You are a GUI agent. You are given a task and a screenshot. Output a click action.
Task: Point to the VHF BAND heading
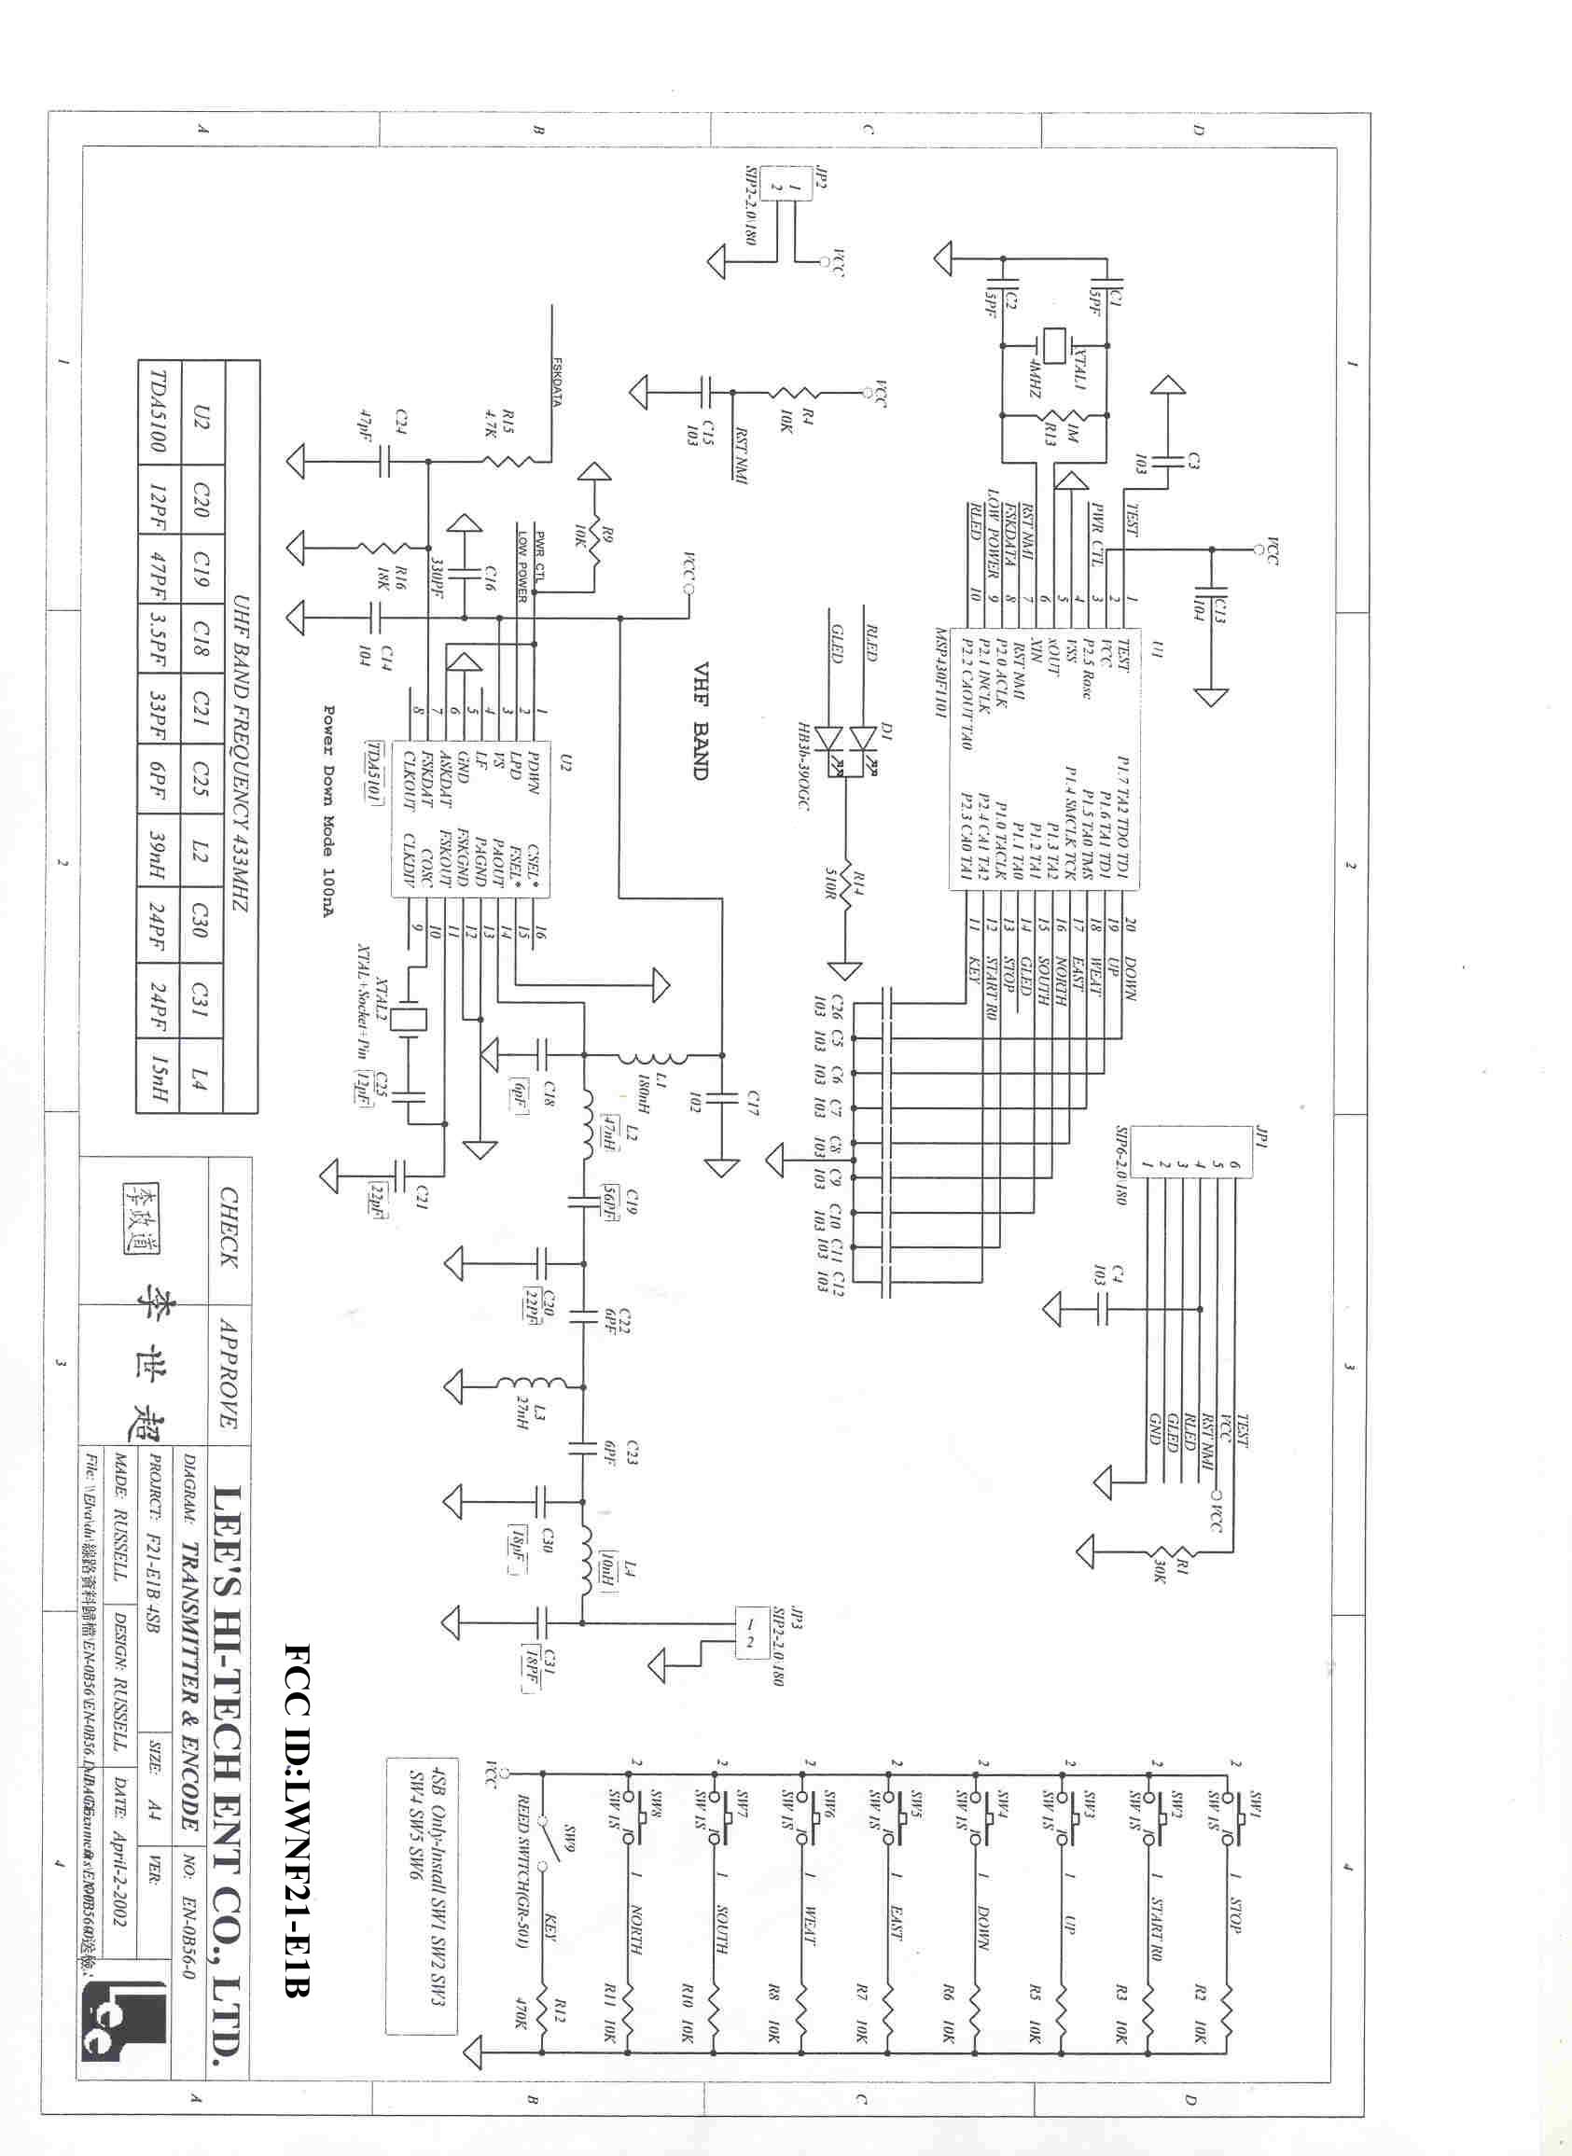(x=701, y=720)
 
